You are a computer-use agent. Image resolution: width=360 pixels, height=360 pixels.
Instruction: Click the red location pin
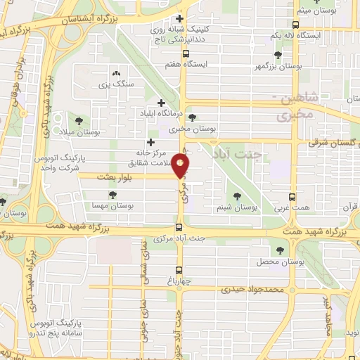pos(181,167)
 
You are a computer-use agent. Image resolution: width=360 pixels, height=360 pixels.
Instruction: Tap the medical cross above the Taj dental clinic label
pos(181,18)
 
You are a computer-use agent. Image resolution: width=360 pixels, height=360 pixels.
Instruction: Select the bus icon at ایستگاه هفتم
pos(186,53)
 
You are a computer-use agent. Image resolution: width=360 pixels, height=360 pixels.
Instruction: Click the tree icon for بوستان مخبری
pos(193,117)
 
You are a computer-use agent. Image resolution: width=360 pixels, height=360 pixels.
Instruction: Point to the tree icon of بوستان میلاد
pos(77,121)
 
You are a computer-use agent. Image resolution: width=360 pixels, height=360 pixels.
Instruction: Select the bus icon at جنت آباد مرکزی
pos(179,226)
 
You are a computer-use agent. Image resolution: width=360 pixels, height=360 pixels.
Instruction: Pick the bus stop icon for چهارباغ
pos(179,271)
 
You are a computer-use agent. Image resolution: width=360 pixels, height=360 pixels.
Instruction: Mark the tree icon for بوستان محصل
pos(280,250)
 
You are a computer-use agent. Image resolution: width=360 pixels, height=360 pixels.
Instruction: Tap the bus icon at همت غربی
pos(293,197)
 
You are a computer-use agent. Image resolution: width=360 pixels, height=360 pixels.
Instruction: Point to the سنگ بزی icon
pos(116,72)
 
